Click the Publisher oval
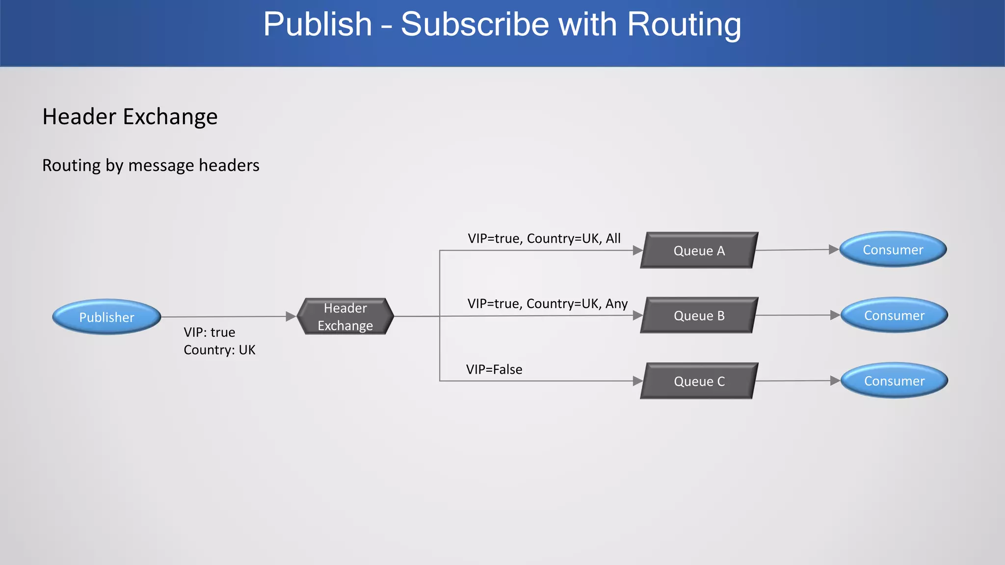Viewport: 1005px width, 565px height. (106, 317)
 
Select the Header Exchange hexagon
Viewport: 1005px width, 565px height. (345, 316)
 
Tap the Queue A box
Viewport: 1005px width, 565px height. (699, 251)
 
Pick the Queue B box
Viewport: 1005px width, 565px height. (699, 315)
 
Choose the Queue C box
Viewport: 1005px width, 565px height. (699, 381)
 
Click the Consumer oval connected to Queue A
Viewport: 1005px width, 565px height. (893, 250)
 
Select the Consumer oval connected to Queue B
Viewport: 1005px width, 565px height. (894, 315)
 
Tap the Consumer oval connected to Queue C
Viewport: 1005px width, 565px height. (894, 381)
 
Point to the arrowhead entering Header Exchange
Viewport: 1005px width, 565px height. (291, 317)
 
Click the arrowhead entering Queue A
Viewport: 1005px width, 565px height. (637, 251)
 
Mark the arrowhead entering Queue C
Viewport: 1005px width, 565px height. (637, 381)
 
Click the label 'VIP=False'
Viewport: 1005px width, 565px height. (494, 369)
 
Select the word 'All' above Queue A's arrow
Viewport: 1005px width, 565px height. (613, 238)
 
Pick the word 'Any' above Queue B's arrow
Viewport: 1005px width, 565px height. (616, 304)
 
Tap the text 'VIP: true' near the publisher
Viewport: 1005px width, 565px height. (210, 332)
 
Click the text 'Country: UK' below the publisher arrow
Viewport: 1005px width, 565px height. (219, 350)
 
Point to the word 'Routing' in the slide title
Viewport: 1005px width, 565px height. (684, 25)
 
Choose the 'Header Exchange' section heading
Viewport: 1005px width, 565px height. (130, 117)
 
